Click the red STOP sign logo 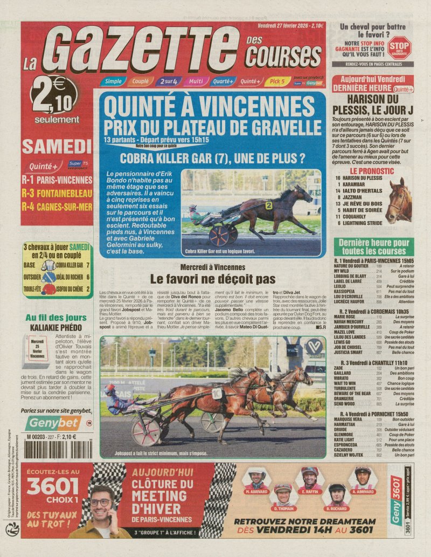click(x=399, y=47)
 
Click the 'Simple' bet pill click(x=113, y=81)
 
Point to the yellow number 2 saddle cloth click(x=268, y=205)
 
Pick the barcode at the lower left click(x=52, y=449)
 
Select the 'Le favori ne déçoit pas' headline click(x=213, y=279)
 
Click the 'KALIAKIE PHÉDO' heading click(x=54, y=327)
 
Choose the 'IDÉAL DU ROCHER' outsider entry click(x=70, y=277)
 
